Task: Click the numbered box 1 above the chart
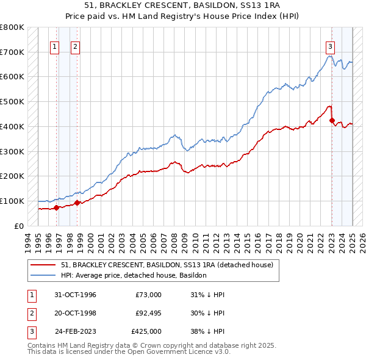(x=55, y=46)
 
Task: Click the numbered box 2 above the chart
(x=75, y=46)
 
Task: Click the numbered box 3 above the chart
(x=330, y=46)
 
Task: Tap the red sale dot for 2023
(x=332, y=120)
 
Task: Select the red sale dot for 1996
(x=56, y=207)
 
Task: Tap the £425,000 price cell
(x=146, y=331)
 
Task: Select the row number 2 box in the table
(x=30, y=313)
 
